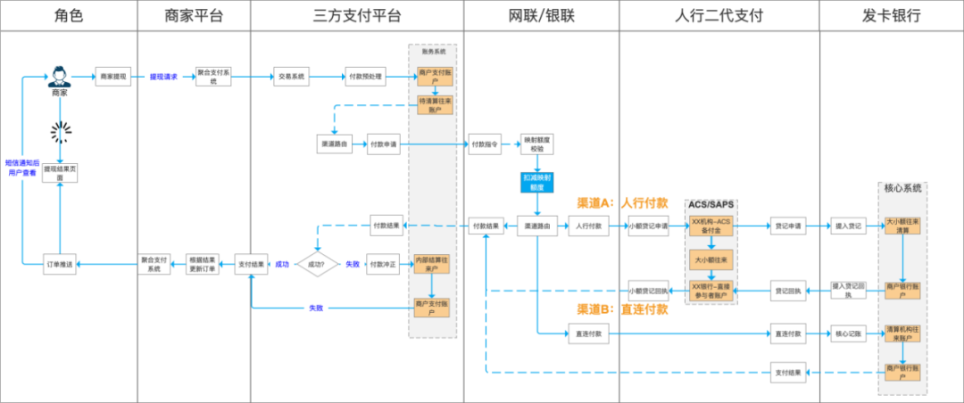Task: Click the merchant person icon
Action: click(60, 75)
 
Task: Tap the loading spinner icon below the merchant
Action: click(60, 133)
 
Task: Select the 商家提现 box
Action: click(113, 77)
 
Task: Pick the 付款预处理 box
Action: click(364, 77)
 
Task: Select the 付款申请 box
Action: click(384, 143)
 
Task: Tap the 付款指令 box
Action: click(485, 143)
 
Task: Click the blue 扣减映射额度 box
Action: click(537, 182)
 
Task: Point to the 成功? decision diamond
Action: click(317, 264)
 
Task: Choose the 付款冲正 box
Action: click(384, 264)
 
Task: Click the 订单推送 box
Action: click(60, 264)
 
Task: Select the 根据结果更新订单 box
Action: click(201, 264)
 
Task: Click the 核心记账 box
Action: click(847, 333)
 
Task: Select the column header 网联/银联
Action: click(541, 15)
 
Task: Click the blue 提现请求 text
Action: click(163, 77)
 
